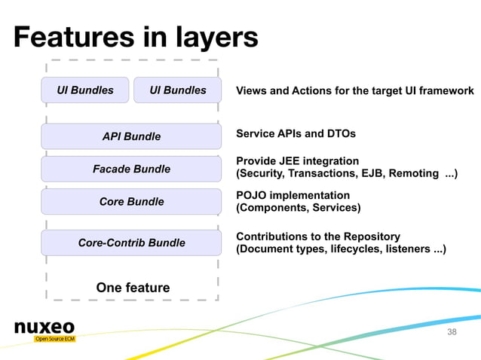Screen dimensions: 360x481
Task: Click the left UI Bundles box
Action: (x=85, y=90)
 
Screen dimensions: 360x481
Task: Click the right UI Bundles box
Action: (x=177, y=90)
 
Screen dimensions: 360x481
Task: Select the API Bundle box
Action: (x=131, y=136)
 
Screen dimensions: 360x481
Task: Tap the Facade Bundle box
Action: (x=131, y=169)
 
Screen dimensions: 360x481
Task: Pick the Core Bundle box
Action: (x=131, y=202)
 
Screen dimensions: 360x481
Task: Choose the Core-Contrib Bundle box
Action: (x=131, y=243)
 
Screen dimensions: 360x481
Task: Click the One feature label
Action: (x=133, y=288)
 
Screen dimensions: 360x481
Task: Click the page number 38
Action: (x=452, y=332)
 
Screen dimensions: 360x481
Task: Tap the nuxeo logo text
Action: (x=44, y=328)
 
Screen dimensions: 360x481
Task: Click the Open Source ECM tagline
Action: (x=54, y=340)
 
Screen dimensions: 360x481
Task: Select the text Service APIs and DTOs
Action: (x=296, y=133)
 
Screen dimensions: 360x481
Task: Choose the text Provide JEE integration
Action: (x=297, y=161)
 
